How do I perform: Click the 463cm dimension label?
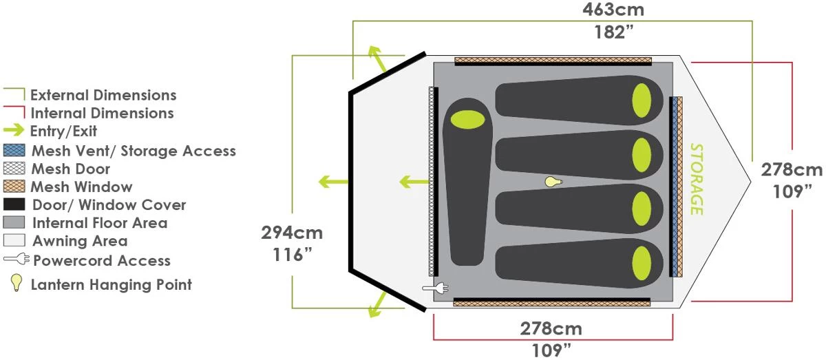[x=613, y=10]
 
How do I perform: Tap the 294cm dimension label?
[x=292, y=233]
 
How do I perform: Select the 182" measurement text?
[x=614, y=32]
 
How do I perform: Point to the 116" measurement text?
[x=293, y=255]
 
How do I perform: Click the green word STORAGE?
[x=697, y=179]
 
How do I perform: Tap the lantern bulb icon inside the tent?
[x=553, y=182]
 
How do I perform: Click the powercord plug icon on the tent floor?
[x=436, y=288]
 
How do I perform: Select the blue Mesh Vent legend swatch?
[x=14, y=150]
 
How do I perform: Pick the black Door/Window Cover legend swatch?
[x=14, y=204]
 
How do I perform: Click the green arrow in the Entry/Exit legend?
[x=14, y=130]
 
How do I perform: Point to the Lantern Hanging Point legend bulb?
[x=16, y=283]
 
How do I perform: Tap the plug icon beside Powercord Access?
[x=17, y=259]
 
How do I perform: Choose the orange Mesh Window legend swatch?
[x=14, y=187]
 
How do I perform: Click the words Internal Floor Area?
[x=100, y=223]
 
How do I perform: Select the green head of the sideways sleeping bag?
[x=467, y=119]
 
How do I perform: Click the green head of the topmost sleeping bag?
[x=642, y=100]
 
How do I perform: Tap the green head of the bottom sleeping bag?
[x=642, y=264]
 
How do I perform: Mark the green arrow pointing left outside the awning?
[x=333, y=182]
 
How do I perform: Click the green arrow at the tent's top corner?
[x=377, y=59]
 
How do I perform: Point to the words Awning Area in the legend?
[x=80, y=241]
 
